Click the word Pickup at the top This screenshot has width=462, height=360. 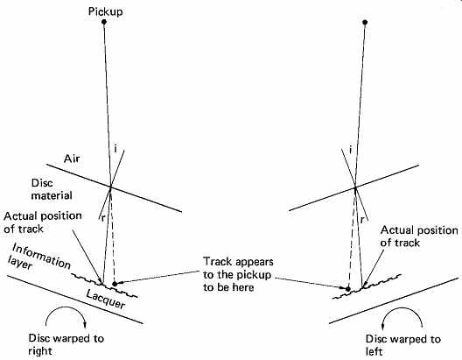106,11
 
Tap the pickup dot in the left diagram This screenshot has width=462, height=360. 104,22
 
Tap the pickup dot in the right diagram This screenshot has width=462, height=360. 365,22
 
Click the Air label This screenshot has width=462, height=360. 72,159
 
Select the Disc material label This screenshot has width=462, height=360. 52,189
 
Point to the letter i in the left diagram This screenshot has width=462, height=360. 115,149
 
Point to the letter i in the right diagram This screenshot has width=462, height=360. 350,150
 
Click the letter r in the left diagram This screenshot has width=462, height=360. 103,218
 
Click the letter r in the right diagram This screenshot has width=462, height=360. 362,220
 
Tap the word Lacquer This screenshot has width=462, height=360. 106,299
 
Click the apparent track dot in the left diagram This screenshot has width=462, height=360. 115,284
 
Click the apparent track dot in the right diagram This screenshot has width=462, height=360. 348,289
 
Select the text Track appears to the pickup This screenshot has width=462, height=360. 238,268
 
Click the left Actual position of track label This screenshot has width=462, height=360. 43,222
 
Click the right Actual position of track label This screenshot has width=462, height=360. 419,236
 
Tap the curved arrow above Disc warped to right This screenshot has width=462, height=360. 66,307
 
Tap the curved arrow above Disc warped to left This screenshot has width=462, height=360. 402,308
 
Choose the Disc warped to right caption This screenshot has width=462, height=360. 66,344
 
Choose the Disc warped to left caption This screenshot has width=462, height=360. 403,345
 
